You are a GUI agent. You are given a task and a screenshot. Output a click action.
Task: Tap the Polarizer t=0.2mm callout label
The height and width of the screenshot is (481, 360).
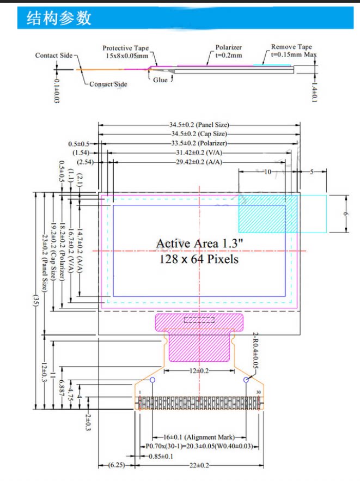(x=228, y=51)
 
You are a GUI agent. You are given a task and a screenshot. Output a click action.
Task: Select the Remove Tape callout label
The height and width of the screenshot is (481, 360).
(x=292, y=51)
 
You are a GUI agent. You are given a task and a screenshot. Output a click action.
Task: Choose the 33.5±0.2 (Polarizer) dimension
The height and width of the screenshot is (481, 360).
(x=199, y=144)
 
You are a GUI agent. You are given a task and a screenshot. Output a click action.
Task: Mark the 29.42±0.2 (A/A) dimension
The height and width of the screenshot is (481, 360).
(x=199, y=162)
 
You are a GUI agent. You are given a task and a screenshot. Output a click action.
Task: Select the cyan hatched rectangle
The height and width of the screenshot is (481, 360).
(x=268, y=213)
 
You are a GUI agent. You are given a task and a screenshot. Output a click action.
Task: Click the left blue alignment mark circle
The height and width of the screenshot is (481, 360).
(x=152, y=380)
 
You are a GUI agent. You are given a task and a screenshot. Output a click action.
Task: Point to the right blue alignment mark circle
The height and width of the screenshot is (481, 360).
(x=247, y=380)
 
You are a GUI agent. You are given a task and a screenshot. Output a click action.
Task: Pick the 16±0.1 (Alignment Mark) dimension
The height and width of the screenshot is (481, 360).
(x=199, y=437)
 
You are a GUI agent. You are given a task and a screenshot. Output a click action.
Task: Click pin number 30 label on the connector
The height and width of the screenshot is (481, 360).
(x=258, y=392)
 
